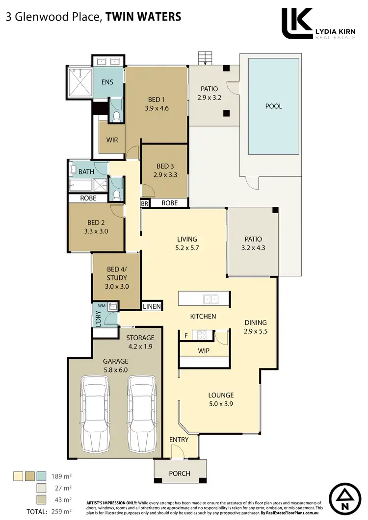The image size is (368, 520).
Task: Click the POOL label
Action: [x=274, y=106]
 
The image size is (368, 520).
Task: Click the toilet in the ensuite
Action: [x=116, y=117]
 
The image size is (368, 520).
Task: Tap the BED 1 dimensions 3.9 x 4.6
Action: [x=157, y=109]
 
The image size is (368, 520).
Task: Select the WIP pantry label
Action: [x=203, y=351]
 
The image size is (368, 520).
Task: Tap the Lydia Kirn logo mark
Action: [x=297, y=23]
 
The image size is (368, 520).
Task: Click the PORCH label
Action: [x=180, y=473]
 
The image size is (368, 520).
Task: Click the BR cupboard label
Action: [x=145, y=203]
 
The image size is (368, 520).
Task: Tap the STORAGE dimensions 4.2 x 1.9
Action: [x=140, y=347]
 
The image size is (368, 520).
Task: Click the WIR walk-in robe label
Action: [x=112, y=140]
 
